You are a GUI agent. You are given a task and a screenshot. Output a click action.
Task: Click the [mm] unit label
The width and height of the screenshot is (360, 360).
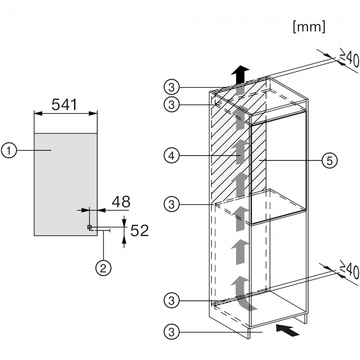(x=309, y=27)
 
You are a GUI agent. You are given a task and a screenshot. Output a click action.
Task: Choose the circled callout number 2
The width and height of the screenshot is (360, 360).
(x=103, y=268)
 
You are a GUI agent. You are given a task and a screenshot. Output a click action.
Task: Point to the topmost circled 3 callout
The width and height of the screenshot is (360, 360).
(x=171, y=87)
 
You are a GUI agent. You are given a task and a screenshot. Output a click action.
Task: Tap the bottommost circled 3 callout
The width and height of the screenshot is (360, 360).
(x=171, y=332)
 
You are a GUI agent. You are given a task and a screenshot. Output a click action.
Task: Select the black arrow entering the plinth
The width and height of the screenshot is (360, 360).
(x=287, y=330)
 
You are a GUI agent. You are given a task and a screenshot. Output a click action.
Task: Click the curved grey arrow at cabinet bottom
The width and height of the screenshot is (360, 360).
(x=242, y=294)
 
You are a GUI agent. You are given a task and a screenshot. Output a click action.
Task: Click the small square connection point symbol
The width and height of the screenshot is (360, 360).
(x=89, y=227)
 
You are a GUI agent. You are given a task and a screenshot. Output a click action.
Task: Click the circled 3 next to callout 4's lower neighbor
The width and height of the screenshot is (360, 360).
(x=171, y=204)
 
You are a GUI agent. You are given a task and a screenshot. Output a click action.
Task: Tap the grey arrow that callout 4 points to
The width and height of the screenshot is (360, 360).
(x=240, y=152)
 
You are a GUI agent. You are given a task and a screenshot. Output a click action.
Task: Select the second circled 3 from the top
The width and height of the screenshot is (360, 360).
(x=171, y=104)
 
